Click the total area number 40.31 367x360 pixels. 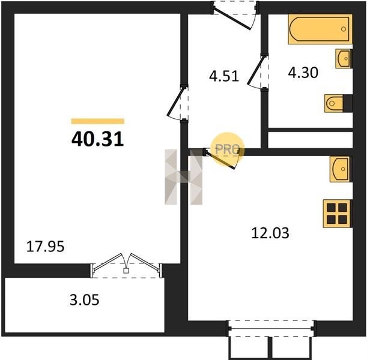pos(97,139)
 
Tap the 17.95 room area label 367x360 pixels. pos(45,247)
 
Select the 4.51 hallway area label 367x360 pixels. pos(224,76)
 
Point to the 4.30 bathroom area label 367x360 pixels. pos(303,73)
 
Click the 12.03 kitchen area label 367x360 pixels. pos(270,233)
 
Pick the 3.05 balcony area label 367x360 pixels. pos(85,299)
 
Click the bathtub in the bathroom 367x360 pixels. pos(320,29)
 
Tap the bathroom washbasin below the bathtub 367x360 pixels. pos(344,58)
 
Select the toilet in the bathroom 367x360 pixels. pos(334,103)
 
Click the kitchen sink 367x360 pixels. pos(340,169)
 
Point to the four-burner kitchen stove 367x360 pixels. pos(337,214)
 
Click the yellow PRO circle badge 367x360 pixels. pos(228,149)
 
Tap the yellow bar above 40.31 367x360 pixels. pos(97,121)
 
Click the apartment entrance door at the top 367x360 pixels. pos(235,16)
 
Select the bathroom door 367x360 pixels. pos(258,71)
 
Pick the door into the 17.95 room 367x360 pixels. pos(178,103)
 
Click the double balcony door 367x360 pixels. pos(126,265)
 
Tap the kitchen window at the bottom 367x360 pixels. pos(271,328)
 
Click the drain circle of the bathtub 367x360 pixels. pos(344,29)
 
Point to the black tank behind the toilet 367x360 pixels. pos(348,103)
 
